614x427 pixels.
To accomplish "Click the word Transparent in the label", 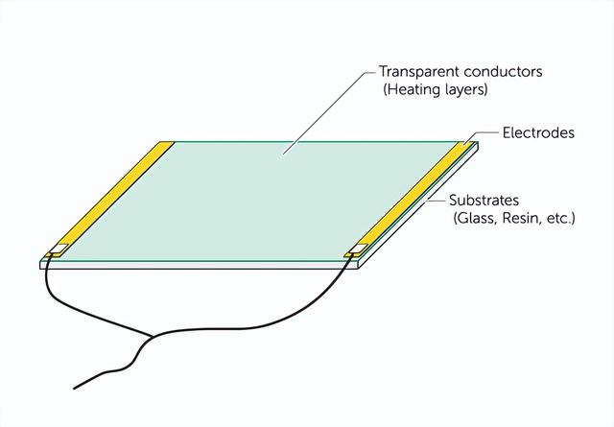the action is [419, 72].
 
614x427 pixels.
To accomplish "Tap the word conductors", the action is [503, 72].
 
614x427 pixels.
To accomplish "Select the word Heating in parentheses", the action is [413, 89].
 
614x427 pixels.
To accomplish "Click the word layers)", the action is [467, 89].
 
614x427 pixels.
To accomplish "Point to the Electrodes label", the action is [538, 132].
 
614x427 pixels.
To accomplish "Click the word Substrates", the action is [484, 201].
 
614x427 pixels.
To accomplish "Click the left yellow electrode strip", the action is [110, 199].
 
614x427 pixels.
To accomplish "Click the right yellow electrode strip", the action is [411, 199].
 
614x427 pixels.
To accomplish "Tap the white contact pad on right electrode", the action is [359, 248].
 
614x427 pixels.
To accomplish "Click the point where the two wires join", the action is [152, 336].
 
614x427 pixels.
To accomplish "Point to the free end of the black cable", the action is [74, 389].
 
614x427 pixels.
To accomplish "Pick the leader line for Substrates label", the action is [437, 201].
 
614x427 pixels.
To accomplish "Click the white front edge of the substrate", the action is [199, 265].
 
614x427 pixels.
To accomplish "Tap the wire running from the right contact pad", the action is [285, 320].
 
